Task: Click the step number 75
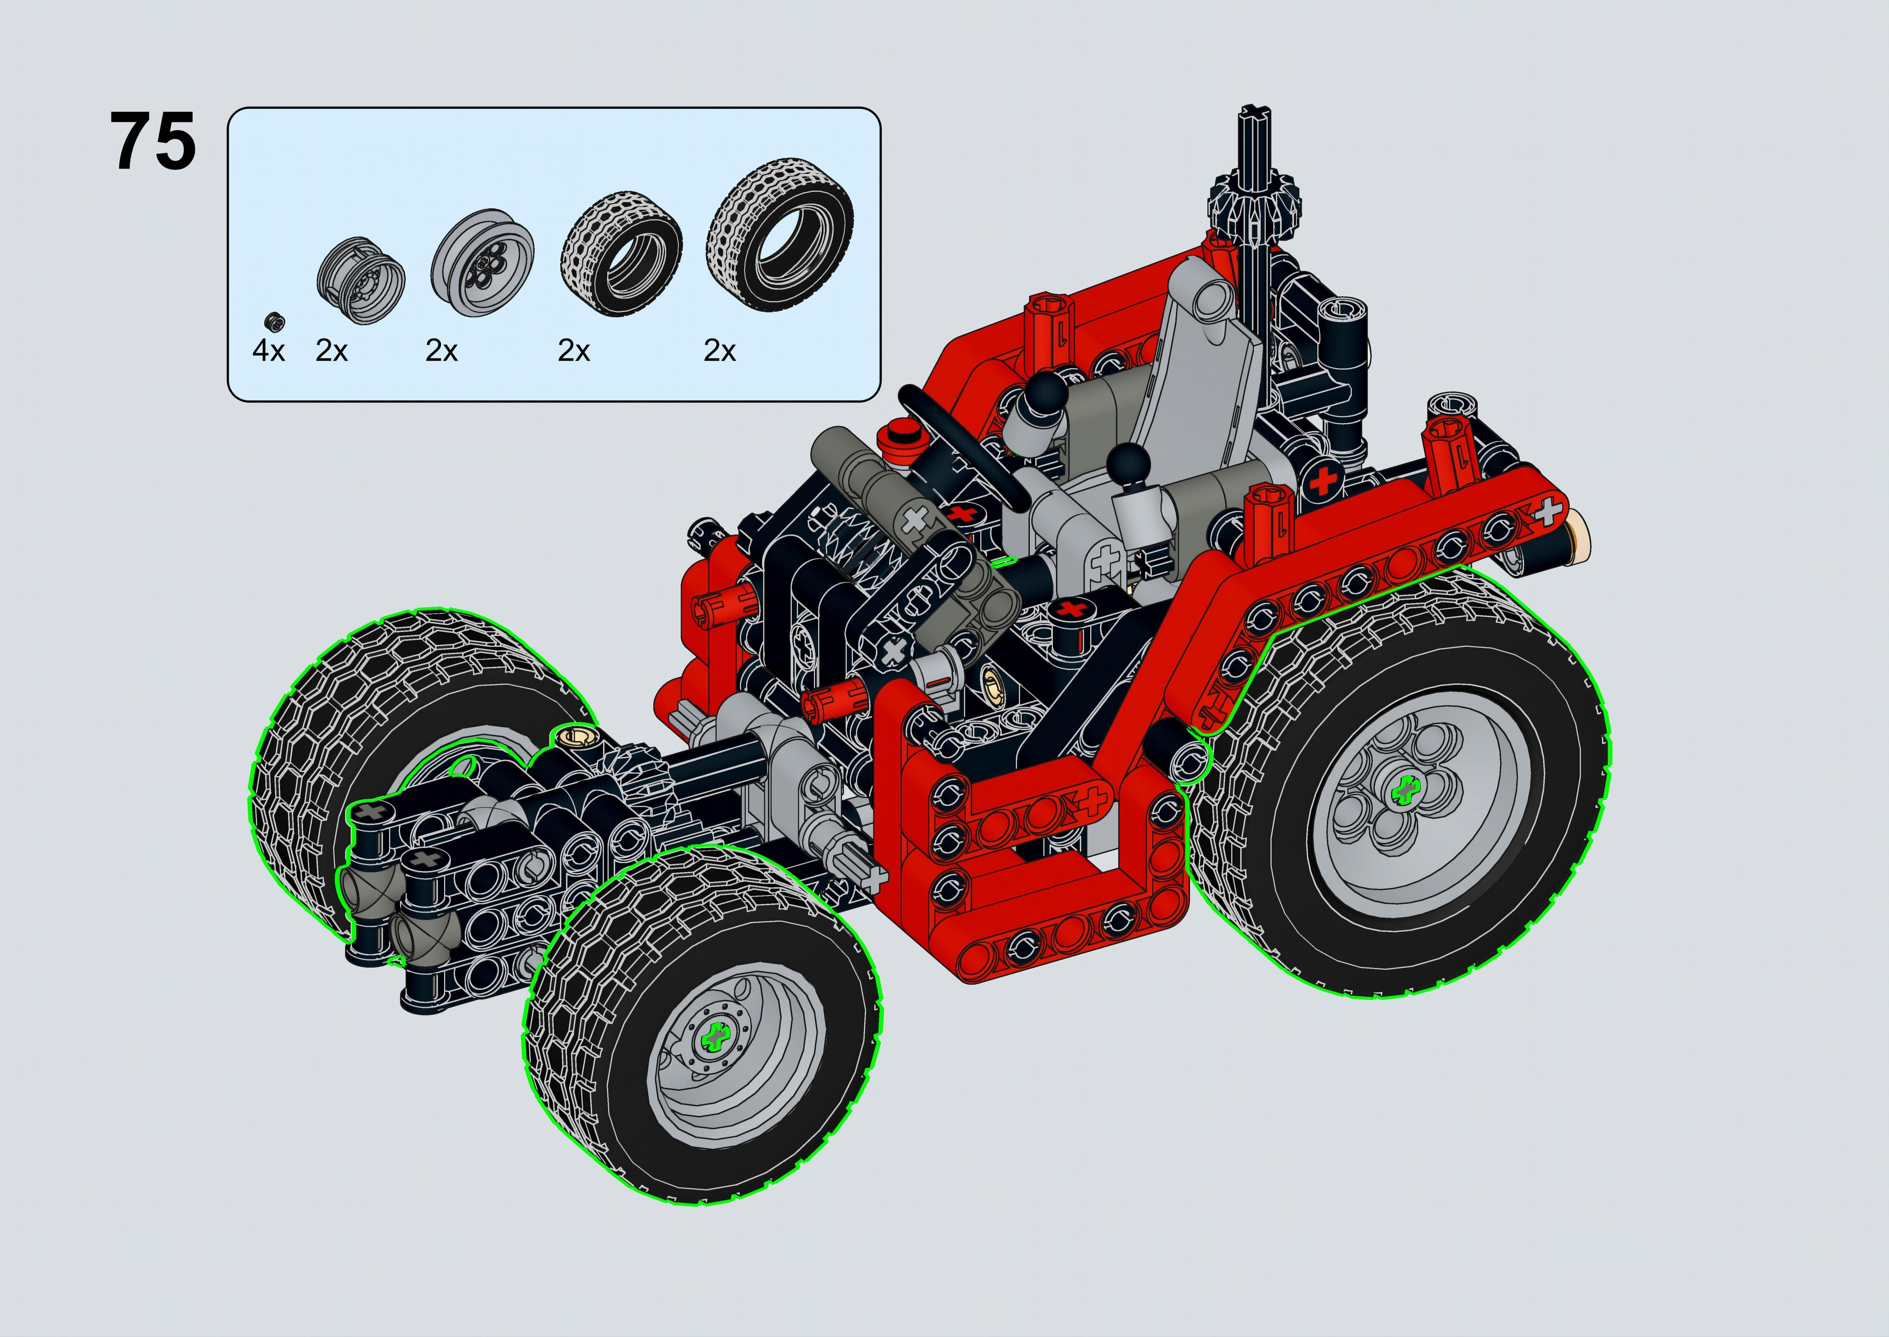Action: coord(153,142)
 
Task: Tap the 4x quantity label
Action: coord(269,351)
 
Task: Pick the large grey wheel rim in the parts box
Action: coord(482,262)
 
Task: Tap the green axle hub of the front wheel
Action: coord(715,1036)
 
